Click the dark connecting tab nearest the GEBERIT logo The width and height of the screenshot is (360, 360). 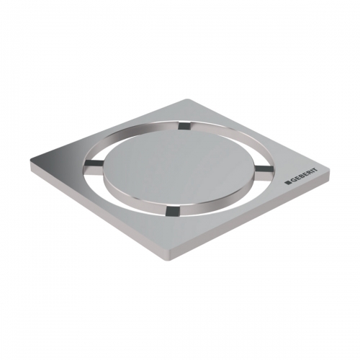[x=264, y=168]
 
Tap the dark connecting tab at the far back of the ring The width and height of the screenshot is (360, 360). [x=184, y=125]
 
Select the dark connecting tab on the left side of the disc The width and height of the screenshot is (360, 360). [x=94, y=163]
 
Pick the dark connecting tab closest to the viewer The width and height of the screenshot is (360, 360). [x=172, y=210]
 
